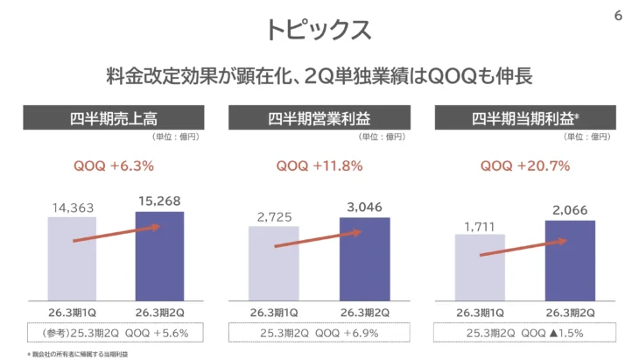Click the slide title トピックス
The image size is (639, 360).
click(x=319, y=28)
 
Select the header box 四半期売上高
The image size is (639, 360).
click(x=116, y=117)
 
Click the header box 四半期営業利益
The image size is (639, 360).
click(x=319, y=117)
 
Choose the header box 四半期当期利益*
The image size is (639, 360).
click(x=525, y=117)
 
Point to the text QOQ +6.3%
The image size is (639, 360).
click(x=116, y=165)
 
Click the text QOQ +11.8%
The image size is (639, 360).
click(x=319, y=165)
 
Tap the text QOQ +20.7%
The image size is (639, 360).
click(x=525, y=165)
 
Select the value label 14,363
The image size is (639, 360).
click(x=73, y=208)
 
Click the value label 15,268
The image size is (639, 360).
click(x=159, y=202)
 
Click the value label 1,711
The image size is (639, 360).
click(x=480, y=225)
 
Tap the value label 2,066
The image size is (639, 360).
click(x=570, y=210)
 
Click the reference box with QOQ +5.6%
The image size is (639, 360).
click(x=116, y=333)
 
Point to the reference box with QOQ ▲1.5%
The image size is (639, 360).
click(x=525, y=333)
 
